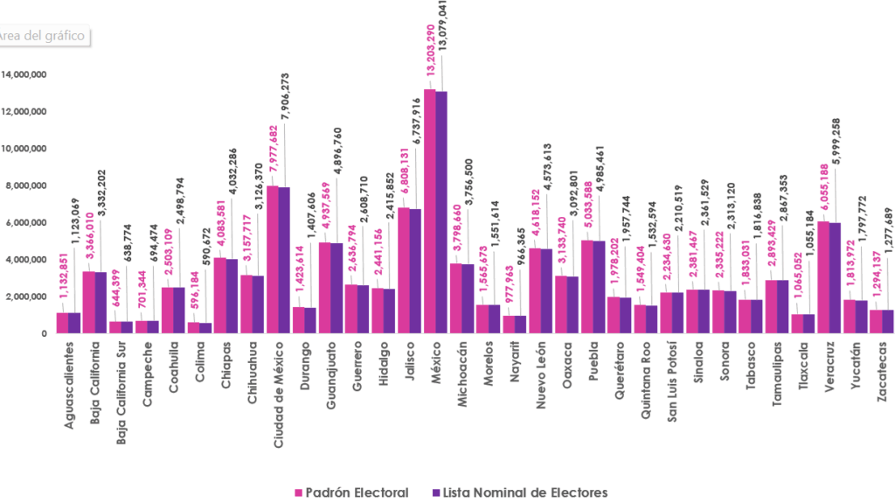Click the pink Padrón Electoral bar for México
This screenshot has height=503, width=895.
click(x=429, y=211)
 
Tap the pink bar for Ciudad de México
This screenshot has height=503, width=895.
click(x=273, y=259)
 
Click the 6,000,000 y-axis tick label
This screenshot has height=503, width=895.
click(x=26, y=223)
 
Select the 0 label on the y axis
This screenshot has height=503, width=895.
click(x=43, y=333)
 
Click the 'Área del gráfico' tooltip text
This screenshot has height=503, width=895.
click(x=44, y=36)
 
